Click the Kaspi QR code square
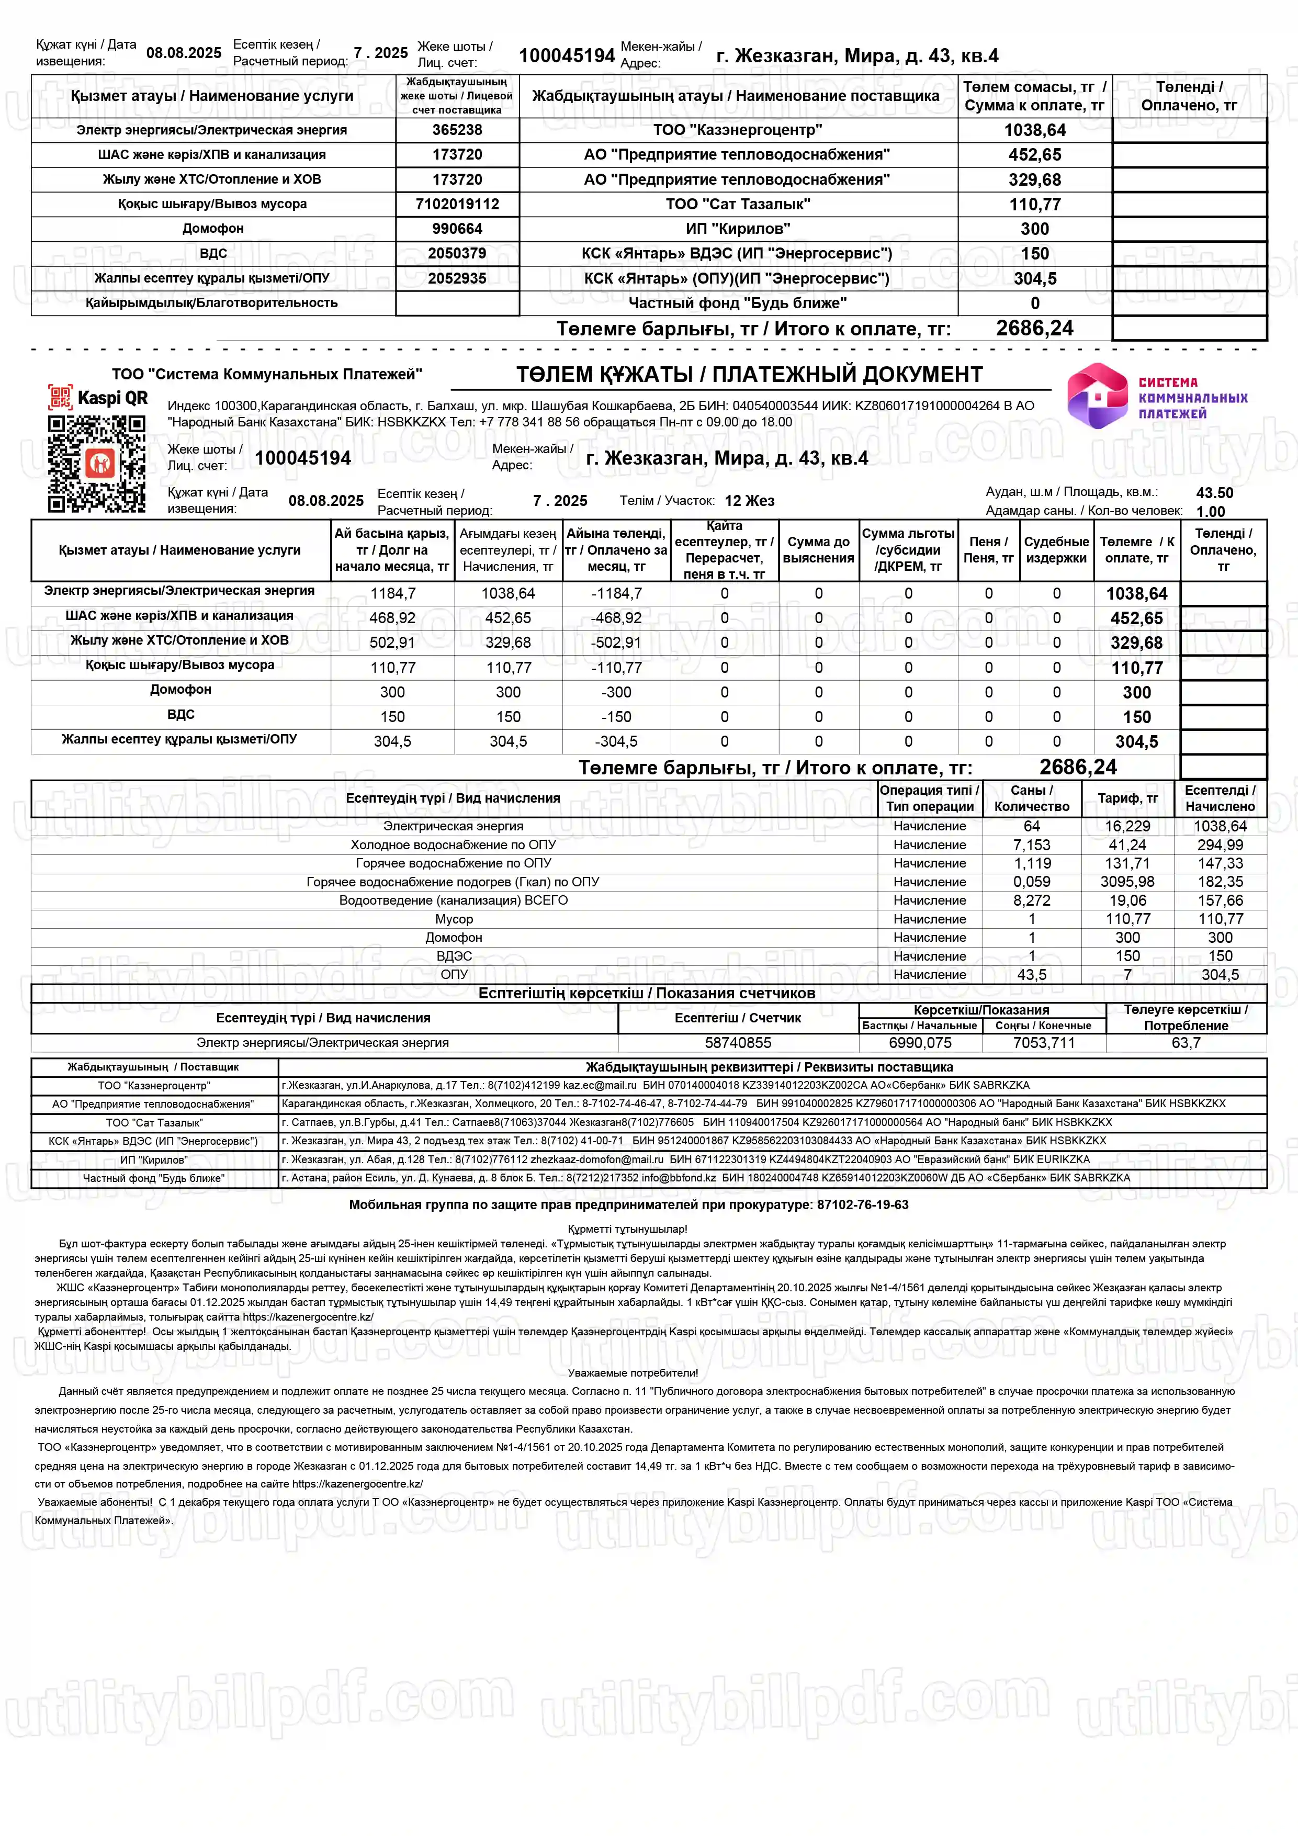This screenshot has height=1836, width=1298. click(x=97, y=464)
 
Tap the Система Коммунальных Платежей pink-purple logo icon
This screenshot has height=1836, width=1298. click(x=1097, y=396)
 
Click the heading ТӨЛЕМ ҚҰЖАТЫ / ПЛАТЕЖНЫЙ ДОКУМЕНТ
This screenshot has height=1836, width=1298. click(x=749, y=374)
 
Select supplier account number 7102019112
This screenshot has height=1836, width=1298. click(x=457, y=204)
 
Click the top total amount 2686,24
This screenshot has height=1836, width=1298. click(x=1034, y=328)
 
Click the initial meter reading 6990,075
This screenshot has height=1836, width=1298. click(x=920, y=1043)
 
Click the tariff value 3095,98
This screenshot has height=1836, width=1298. click(x=1127, y=882)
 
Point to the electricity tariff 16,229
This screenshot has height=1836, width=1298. click(x=1127, y=826)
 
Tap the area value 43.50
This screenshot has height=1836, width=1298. click(x=1214, y=492)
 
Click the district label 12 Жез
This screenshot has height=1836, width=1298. click(x=749, y=501)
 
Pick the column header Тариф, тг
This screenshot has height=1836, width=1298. click(x=1127, y=798)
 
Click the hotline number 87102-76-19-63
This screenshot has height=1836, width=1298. click(x=862, y=1205)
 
